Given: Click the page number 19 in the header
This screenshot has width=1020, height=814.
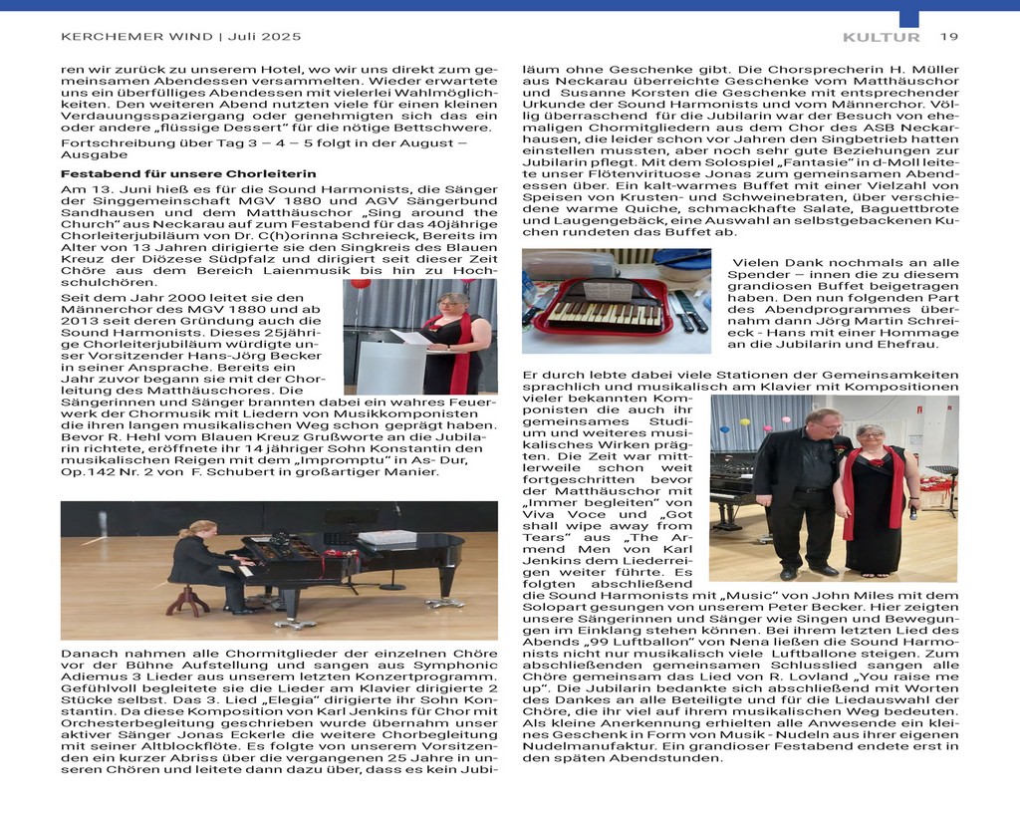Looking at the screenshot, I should [948, 37].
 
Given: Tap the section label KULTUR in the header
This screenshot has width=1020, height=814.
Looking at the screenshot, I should [881, 37].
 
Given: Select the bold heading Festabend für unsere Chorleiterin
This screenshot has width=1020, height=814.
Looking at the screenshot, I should [188, 172].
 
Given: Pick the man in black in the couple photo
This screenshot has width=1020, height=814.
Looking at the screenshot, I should [803, 488].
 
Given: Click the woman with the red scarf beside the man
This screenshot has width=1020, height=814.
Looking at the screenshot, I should [874, 497].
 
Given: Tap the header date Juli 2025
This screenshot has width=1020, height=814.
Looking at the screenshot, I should [263, 37].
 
